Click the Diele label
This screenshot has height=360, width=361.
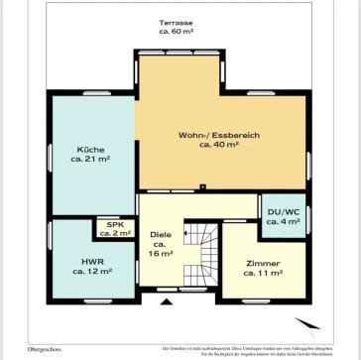160,235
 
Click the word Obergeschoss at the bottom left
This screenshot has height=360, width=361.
23,349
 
